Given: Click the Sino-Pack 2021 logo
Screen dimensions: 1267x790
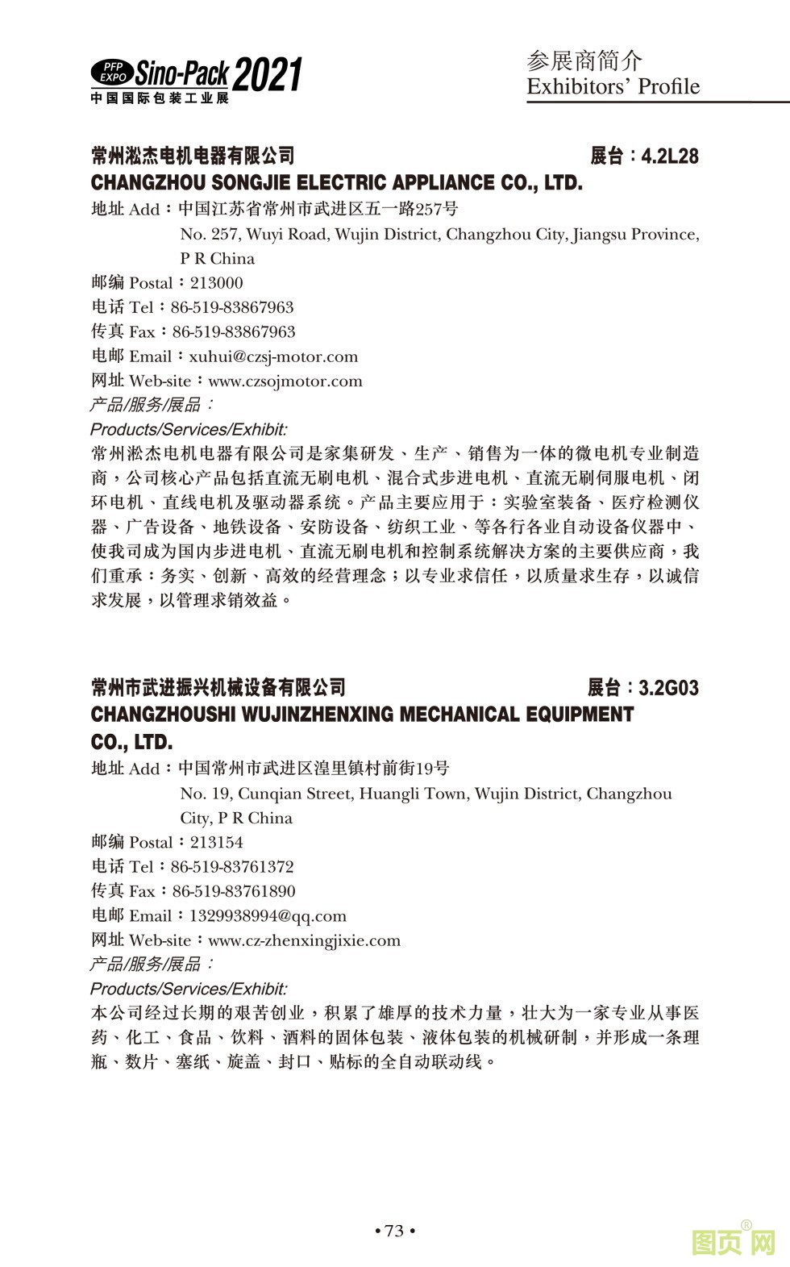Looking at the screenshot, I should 196,79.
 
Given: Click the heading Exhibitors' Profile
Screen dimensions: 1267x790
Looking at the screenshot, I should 613,87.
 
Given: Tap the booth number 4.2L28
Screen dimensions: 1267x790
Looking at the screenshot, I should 670,156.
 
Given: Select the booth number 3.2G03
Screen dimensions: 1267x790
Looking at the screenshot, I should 668,688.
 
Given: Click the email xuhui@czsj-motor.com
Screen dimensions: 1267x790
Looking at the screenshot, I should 273,356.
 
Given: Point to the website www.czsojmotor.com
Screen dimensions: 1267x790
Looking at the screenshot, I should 285,381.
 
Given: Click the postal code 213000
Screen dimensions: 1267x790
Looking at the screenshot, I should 216,283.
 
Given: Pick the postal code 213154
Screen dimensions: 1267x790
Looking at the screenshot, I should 216,842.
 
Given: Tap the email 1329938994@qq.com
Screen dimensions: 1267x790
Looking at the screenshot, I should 268,915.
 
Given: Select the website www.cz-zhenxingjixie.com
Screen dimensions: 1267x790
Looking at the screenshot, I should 304,940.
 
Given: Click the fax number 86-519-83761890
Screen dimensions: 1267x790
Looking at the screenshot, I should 234,891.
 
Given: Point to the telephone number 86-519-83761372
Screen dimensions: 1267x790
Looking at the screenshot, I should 232,867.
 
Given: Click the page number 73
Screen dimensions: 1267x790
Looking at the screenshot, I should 394,1231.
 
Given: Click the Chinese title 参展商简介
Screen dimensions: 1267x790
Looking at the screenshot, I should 584,60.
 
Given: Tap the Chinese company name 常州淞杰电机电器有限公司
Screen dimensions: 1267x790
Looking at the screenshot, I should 193,156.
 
